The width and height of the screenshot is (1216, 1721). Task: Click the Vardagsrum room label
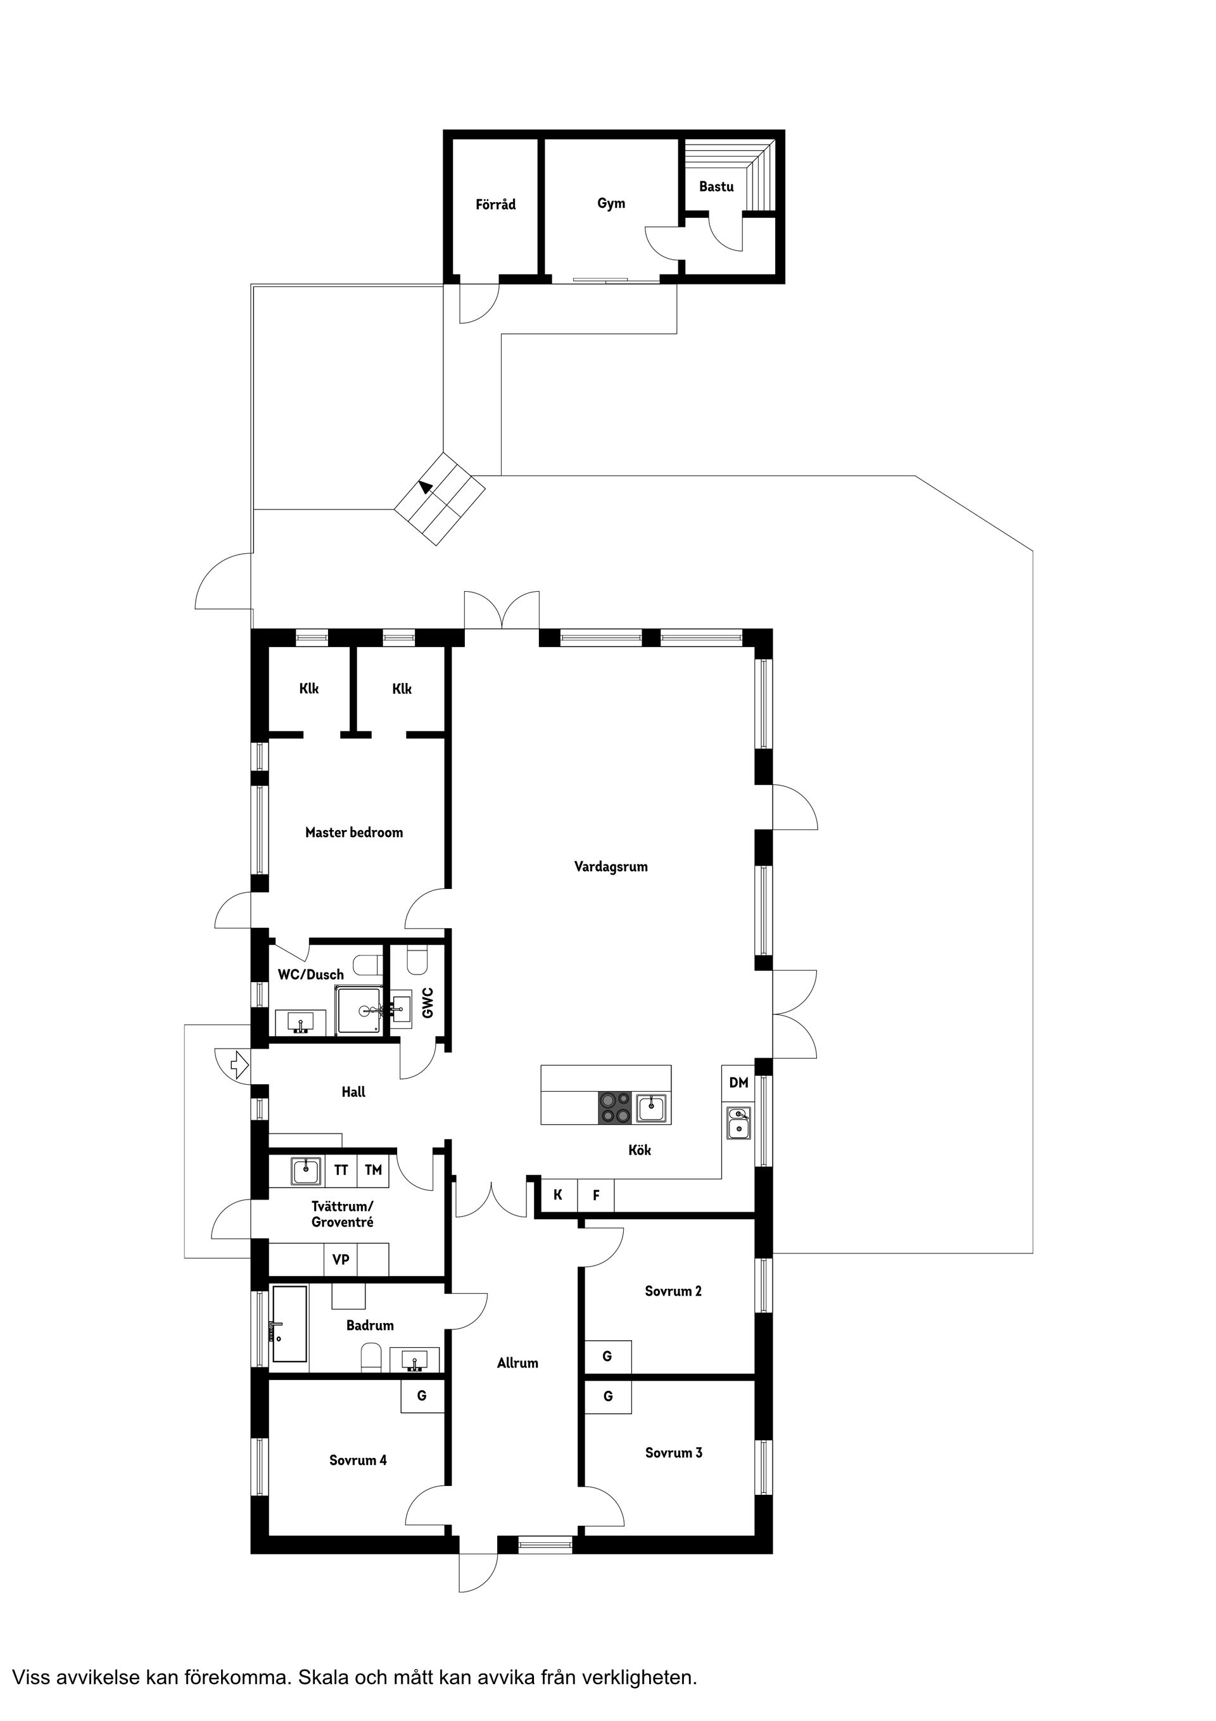coord(611,866)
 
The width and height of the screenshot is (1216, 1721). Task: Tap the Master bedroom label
coord(353,832)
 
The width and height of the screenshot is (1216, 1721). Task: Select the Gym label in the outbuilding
coord(611,203)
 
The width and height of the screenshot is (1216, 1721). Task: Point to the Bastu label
coord(716,187)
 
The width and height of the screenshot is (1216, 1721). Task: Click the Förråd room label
coord(495,204)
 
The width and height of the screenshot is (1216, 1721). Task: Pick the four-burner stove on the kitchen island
coord(615,1108)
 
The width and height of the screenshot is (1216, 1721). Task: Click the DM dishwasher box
coord(738,1082)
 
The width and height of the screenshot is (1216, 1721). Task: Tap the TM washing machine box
coord(373,1170)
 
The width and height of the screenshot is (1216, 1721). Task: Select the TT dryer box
coord(341,1170)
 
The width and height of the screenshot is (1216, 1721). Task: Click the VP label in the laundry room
coord(341,1260)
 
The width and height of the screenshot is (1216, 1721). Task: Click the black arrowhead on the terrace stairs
coord(426,487)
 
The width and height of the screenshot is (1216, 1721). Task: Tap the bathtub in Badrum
coord(289,1324)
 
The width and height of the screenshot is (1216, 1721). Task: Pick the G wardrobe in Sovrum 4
coord(422,1396)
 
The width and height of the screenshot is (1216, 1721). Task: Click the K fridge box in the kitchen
coord(558,1195)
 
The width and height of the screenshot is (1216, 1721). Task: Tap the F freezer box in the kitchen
coord(597,1195)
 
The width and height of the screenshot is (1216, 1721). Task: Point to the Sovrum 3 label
coord(674,1453)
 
